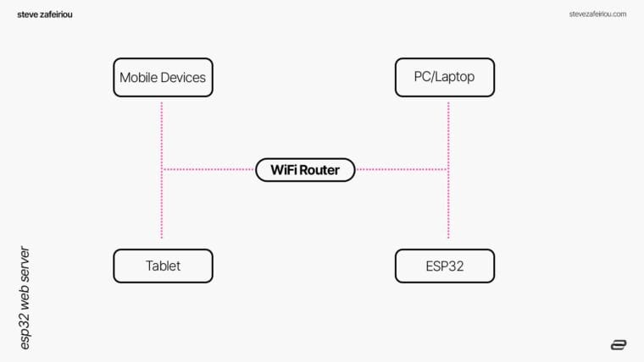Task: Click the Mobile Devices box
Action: [163, 77]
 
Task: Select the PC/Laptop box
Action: [445, 77]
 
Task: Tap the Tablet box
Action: [163, 266]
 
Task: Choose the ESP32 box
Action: [445, 266]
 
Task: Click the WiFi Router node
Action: [305, 170]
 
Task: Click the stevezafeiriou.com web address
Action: [597, 14]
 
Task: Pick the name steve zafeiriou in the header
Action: [45, 14]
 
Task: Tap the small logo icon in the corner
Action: [618, 344]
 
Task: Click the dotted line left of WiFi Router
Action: [208, 170]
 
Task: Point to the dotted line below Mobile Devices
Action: [161, 127]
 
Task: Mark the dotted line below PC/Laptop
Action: [448, 127]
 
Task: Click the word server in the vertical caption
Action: [25, 264]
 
